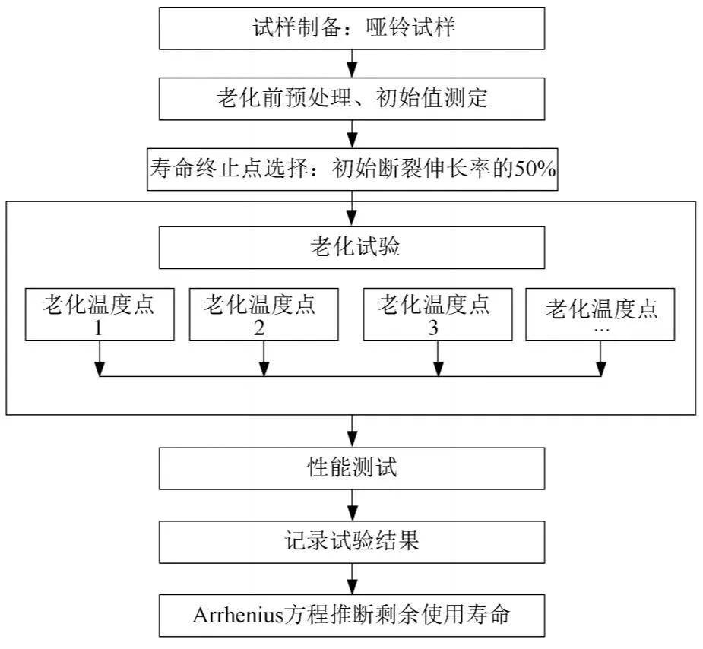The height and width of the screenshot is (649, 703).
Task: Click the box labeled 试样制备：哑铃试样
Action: click(x=352, y=28)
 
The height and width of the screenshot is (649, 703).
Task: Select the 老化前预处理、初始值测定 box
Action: click(x=352, y=99)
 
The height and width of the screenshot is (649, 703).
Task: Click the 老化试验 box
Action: click(x=352, y=248)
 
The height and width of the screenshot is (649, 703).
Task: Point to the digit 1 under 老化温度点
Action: click(x=98, y=328)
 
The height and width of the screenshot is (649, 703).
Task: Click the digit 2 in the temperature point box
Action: click(x=259, y=328)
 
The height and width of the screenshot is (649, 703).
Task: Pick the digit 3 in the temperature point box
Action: click(x=433, y=328)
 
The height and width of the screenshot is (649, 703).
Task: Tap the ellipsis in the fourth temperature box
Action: click(x=600, y=331)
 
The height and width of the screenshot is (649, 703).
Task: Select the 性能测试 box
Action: click(x=352, y=468)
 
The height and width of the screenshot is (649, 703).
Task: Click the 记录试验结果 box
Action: click(x=352, y=542)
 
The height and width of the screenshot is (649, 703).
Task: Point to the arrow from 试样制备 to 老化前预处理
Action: click(x=353, y=63)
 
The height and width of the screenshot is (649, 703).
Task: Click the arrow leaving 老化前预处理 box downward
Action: click(x=353, y=134)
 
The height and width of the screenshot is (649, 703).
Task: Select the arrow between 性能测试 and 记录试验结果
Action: click(x=353, y=505)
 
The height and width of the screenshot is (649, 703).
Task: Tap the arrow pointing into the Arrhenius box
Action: click(x=353, y=579)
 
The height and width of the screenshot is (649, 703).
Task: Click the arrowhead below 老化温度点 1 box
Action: click(x=100, y=369)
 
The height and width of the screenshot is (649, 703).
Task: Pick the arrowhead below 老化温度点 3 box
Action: click(x=439, y=369)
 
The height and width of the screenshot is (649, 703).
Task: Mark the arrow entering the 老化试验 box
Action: click(x=353, y=208)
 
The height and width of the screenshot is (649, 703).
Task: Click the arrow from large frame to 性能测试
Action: click(x=353, y=431)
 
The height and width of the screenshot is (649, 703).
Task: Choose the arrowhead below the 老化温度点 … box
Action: click(x=600, y=369)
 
